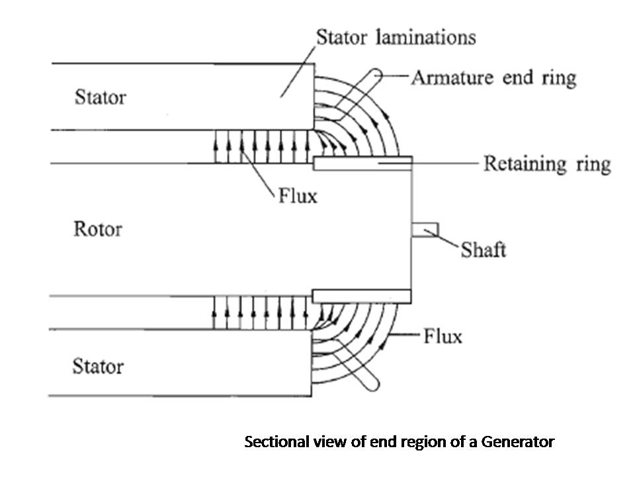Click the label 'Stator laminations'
click(396, 37)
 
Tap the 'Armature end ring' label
click(493, 78)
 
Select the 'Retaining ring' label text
click(547, 164)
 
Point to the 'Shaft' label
click(484, 250)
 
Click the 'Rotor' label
click(98, 229)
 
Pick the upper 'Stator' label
click(101, 97)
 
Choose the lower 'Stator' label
click(98, 366)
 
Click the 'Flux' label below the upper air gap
click(298, 196)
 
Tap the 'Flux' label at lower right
click(443, 337)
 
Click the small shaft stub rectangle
click(425, 230)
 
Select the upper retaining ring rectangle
click(363, 164)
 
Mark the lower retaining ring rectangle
click(362, 297)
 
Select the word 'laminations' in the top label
click(425, 37)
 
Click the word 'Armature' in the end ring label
click(452, 78)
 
